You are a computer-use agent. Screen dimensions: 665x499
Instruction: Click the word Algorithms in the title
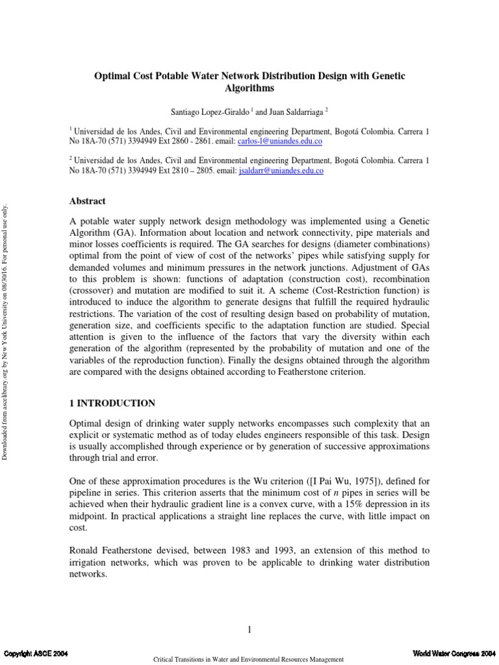click(249, 88)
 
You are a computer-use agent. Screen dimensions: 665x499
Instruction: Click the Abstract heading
click(87, 201)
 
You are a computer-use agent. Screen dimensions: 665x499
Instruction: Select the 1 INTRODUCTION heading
click(112, 403)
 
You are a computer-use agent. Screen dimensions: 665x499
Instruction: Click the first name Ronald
click(86, 550)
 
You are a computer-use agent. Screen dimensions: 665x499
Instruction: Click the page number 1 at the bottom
click(249, 629)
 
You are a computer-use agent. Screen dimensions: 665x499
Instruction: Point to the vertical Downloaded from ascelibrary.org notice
click(7, 331)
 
